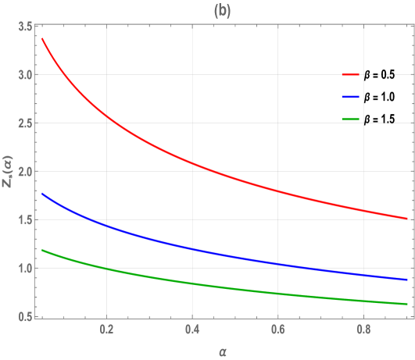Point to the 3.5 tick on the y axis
point(25,27)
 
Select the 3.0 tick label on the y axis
point(25,76)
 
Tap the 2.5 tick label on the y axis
point(25,123)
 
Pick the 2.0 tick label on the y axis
point(25,172)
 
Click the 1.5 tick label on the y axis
point(25,220)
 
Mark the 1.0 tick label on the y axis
point(25,269)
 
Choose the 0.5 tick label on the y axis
point(25,316)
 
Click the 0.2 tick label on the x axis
point(106,330)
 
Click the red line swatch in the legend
point(350,75)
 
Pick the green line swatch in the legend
point(350,120)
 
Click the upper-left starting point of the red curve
point(42,38)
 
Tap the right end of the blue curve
point(406,280)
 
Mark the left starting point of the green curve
point(42,250)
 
